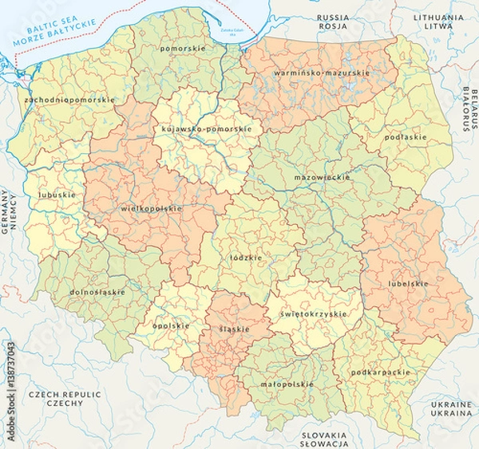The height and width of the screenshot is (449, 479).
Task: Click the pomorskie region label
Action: pos(183,49)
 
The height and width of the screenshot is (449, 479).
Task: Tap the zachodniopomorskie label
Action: pos(69,100)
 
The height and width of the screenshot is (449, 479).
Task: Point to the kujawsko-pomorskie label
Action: pos(207,128)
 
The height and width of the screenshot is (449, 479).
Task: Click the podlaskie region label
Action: pos(406,137)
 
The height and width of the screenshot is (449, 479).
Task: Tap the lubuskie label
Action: pos(57,195)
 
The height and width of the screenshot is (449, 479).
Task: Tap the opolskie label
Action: pos(172,325)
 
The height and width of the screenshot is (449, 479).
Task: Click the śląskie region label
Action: pos(234,329)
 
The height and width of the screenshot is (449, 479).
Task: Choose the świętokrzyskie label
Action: pos(314,313)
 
